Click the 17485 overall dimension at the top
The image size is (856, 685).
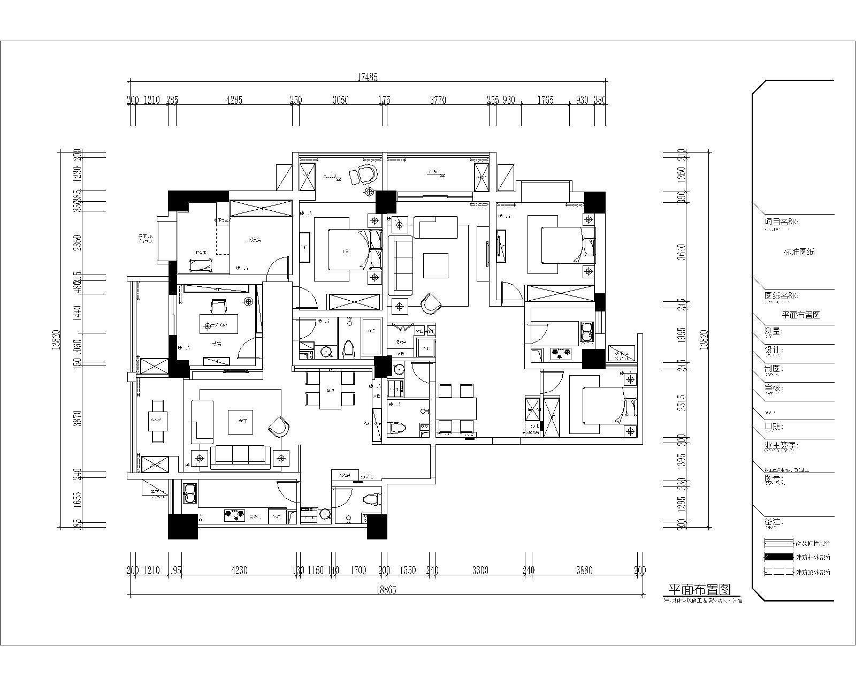tap(367, 77)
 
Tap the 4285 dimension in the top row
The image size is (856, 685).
tap(234, 100)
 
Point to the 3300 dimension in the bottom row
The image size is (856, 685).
tap(480, 570)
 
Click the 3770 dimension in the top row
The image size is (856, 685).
tap(438, 100)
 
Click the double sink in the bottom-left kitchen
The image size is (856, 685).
tap(190, 493)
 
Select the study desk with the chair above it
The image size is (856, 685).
tap(219, 324)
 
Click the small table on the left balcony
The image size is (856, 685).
tap(158, 421)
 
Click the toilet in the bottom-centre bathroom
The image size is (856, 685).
tap(371, 500)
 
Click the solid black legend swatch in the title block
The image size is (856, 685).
tap(778, 557)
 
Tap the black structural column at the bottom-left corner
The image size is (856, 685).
tap(182, 526)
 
